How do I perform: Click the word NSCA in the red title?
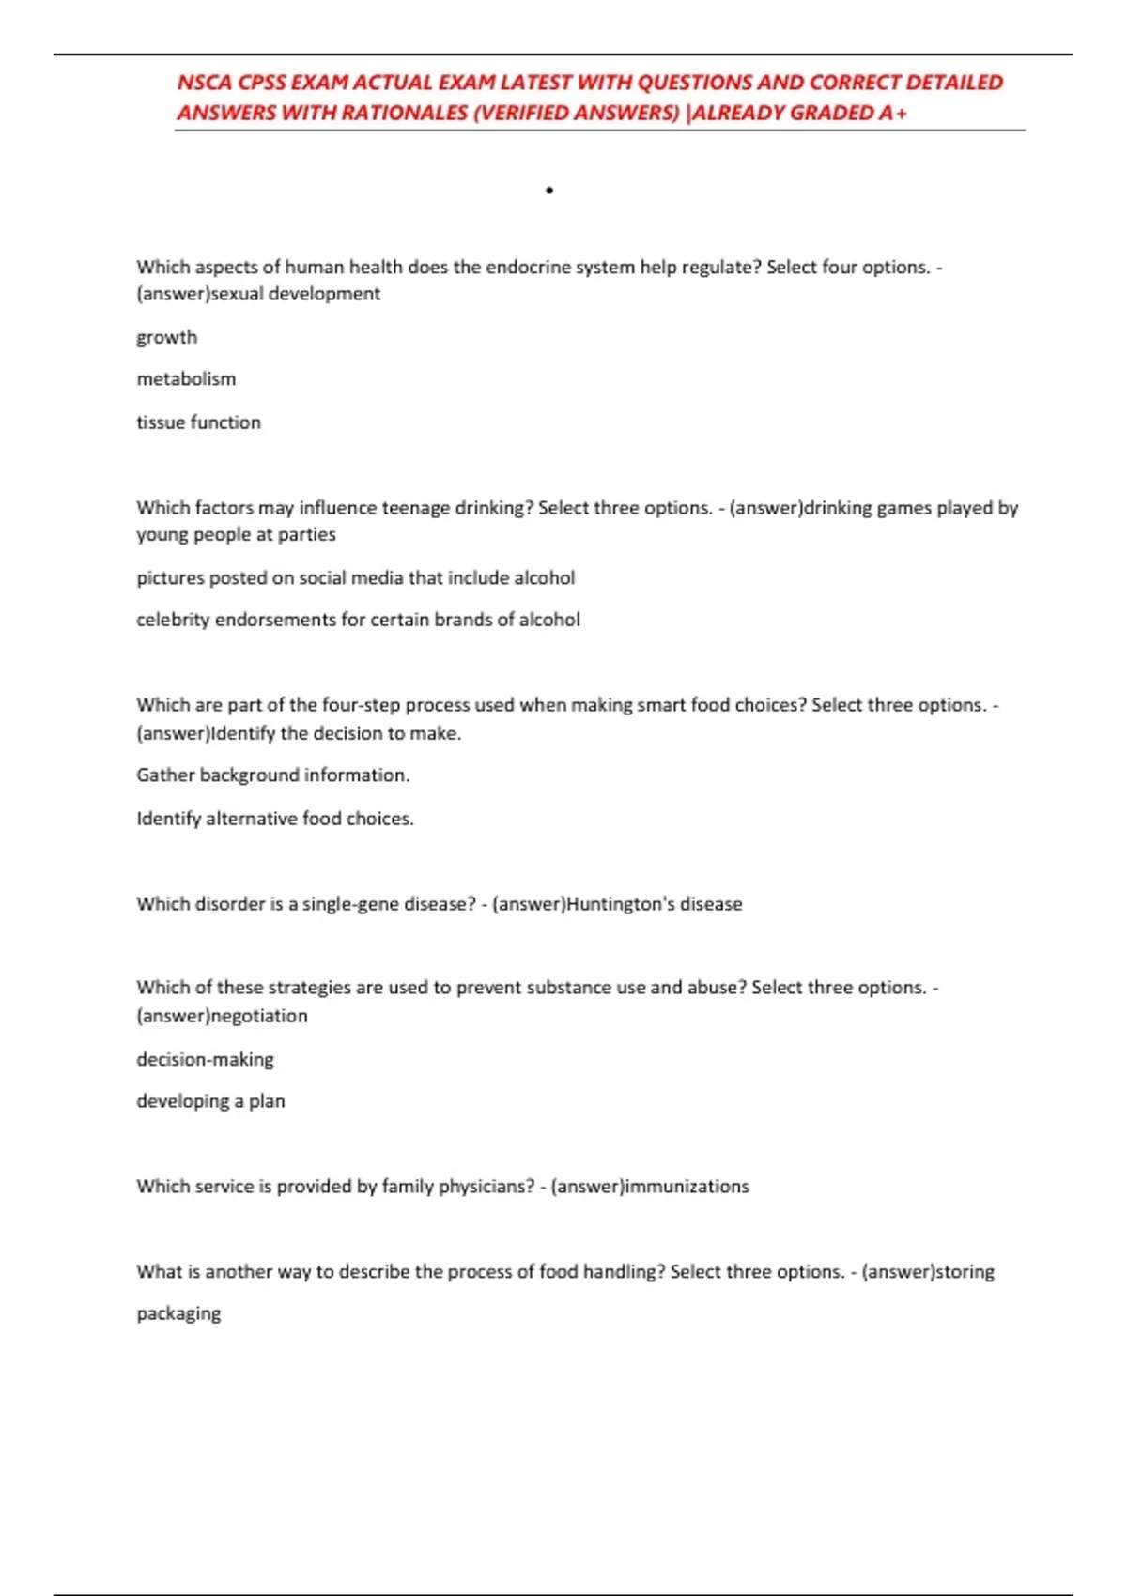tap(204, 83)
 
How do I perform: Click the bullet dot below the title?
tap(549, 191)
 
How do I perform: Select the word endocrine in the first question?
tap(527, 267)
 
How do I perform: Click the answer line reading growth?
tap(167, 337)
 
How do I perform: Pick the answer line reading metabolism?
tap(186, 379)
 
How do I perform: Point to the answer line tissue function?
tap(198, 422)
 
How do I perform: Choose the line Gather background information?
tap(273, 775)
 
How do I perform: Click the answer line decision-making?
tap(205, 1059)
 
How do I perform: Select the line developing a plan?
tap(210, 1101)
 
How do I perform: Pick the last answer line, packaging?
tap(178, 1313)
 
